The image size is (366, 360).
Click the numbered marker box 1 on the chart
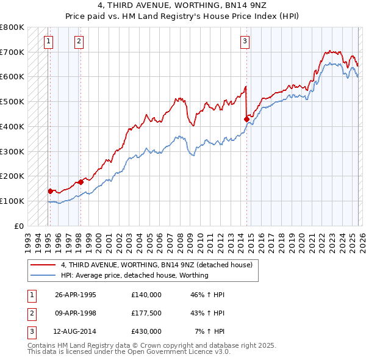click(48, 41)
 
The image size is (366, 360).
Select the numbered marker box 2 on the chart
click(79, 41)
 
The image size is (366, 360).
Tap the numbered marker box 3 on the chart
click(245, 41)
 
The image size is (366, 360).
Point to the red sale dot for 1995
click(50, 191)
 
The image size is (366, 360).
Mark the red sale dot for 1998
click(81, 181)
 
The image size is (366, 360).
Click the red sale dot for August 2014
click(246, 119)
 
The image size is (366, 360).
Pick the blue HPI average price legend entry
click(135, 275)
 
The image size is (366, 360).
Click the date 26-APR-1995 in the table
click(76, 295)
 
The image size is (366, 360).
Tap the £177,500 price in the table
click(146, 313)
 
